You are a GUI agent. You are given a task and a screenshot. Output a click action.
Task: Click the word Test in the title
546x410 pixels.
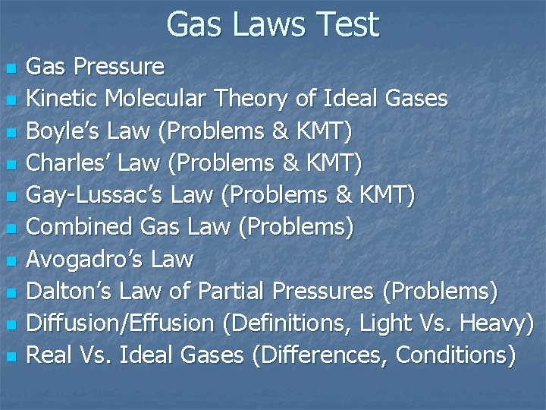click(x=345, y=24)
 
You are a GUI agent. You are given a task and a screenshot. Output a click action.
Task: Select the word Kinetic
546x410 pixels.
click(x=63, y=99)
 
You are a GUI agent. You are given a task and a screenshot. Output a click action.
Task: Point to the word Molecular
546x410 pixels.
click(x=157, y=99)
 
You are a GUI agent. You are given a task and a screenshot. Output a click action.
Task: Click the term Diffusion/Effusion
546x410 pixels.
click(x=120, y=323)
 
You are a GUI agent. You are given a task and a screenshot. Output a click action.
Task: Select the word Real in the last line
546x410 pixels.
click(x=49, y=355)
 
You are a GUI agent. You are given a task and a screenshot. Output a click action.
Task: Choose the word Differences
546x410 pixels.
click(x=323, y=355)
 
